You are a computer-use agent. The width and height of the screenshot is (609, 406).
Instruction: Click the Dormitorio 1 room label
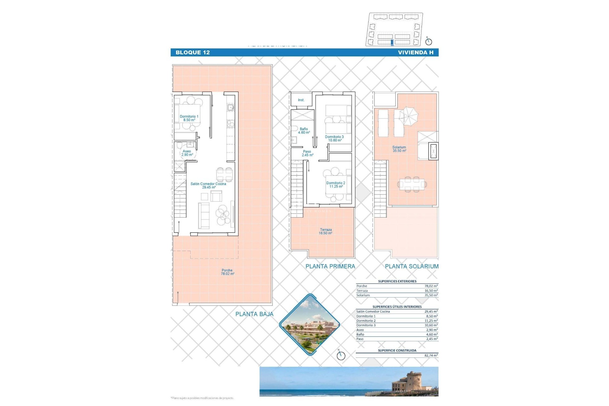[189, 118]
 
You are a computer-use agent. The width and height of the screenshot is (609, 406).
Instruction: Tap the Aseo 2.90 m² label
[187, 153]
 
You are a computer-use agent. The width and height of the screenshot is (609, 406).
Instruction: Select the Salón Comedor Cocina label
[208, 185]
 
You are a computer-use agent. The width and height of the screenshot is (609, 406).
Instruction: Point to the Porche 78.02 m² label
[227, 272]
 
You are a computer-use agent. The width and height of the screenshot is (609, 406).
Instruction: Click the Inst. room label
[301, 100]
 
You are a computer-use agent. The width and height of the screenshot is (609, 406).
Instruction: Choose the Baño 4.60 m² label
[304, 131]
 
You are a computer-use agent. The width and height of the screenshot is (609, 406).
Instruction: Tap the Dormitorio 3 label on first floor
[334, 138]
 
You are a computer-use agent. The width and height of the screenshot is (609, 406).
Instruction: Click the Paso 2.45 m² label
[307, 153]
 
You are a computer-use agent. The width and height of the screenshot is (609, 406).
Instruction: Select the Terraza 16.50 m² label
[325, 231]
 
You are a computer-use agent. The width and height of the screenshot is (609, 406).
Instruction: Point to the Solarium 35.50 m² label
[399, 149]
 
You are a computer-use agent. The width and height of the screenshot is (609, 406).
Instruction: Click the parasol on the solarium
[409, 115]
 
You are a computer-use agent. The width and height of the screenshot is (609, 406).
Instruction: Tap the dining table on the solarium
[412, 184]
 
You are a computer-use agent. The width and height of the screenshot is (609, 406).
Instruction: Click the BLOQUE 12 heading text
[193, 53]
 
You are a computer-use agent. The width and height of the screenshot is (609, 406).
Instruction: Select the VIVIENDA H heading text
[416, 53]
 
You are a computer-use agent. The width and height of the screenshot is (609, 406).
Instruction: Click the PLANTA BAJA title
[254, 314]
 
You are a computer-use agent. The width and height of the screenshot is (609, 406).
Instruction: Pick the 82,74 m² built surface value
[431, 356]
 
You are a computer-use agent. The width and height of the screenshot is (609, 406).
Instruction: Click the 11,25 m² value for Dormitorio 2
[431, 321]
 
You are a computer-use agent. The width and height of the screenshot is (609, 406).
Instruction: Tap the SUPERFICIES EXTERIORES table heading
[397, 281]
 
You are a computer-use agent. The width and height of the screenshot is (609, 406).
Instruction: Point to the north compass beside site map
[429, 41]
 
